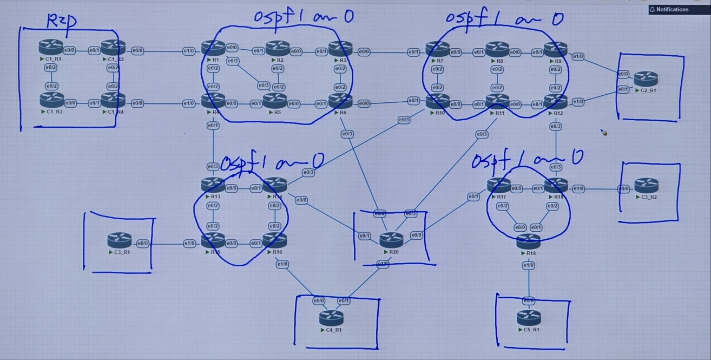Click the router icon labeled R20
pos(391,239)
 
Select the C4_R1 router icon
pos(331,317)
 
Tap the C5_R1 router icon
pos(528,317)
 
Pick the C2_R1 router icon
pos(646,78)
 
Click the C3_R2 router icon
pos(646,186)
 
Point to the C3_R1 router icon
pos(119,240)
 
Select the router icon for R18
pos(528,241)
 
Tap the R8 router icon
pos(497,49)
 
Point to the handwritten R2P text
pos(62,21)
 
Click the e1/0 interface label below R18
pos(528,265)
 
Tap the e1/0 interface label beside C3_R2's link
pos(578,189)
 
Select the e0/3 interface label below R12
pos(556,126)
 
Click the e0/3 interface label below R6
pos(347,134)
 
